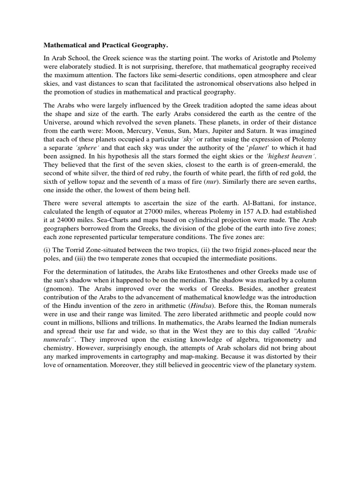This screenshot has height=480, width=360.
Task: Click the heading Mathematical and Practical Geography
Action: (x=105, y=45)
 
